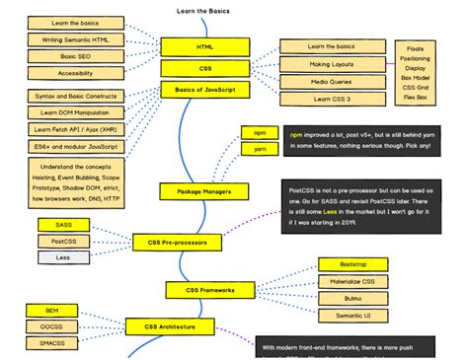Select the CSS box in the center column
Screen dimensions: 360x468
point(205,68)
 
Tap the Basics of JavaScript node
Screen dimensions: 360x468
point(205,90)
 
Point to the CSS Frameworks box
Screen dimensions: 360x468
point(210,290)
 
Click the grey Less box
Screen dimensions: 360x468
point(61,257)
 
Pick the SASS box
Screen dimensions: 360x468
point(61,225)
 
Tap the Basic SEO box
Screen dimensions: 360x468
point(74,56)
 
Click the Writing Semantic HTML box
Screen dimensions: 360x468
point(74,39)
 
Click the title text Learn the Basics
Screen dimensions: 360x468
point(204,8)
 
